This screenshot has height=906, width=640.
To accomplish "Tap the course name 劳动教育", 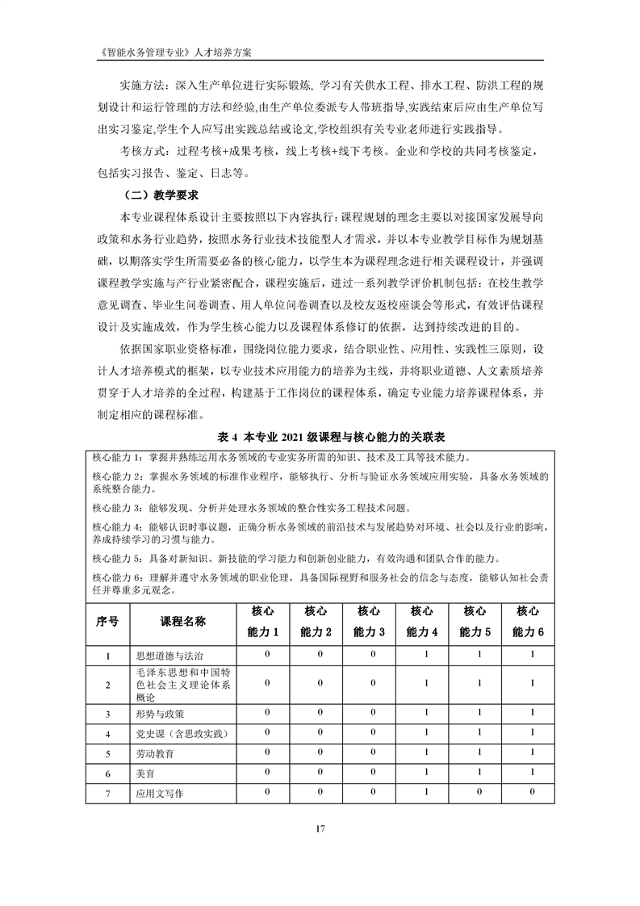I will click(x=155, y=753).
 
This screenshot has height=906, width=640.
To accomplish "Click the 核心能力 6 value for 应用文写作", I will click(x=532, y=792).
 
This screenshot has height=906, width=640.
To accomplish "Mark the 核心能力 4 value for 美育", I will click(x=426, y=773).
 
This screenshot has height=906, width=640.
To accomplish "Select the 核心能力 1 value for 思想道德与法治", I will click(x=265, y=655).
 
